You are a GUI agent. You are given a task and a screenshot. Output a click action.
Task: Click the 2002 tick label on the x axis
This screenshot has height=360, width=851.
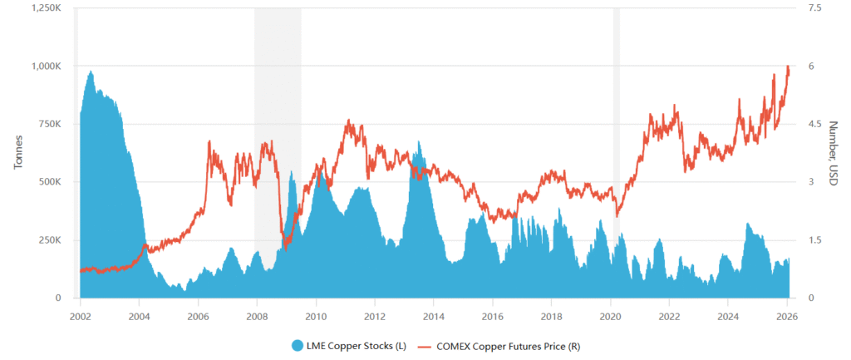80,316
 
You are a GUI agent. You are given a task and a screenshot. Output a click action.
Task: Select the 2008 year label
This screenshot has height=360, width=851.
257,316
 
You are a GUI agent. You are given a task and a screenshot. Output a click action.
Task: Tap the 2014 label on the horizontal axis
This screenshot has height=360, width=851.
434,316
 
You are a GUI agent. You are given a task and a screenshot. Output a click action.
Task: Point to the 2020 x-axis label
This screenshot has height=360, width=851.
611,316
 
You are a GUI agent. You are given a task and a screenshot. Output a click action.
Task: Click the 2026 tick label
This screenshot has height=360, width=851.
787,316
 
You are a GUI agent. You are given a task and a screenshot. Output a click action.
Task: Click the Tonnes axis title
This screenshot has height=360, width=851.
18,153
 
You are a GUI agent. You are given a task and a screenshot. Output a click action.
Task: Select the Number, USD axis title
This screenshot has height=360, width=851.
834,153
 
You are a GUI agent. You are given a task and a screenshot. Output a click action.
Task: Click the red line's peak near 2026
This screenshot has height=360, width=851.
787,67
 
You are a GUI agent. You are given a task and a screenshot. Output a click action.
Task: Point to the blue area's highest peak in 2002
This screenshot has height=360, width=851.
91,72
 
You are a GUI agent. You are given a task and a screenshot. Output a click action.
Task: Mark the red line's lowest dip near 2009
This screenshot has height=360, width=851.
284,249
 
